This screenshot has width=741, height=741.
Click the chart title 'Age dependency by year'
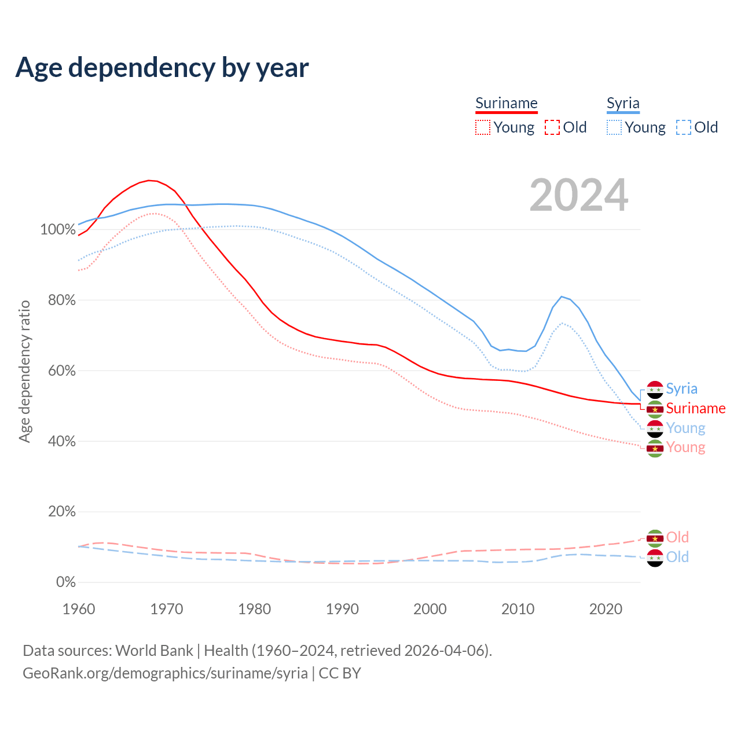tap(162, 68)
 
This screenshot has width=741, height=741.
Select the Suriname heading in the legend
tap(507, 103)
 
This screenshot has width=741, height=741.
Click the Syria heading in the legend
tap(623, 103)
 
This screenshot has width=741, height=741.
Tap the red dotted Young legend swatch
tap(483, 127)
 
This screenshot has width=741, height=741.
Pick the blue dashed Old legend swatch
tap(684, 127)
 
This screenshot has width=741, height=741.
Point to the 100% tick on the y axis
tap(58, 230)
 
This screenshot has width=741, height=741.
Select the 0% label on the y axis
tap(65, 582)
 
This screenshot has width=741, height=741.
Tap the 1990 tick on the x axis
tap(342, 609)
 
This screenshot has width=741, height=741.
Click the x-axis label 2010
tap(518, 609)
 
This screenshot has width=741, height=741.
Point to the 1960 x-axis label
tap(79, 609)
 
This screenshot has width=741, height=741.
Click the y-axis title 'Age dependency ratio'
tap(24, 371)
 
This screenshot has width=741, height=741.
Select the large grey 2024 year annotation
tap(579, 195)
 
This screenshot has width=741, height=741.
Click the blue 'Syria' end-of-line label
tap(681, 388)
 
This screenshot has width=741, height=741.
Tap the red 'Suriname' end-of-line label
tap(695, 408)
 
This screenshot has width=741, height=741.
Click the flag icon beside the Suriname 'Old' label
tap(655, 538)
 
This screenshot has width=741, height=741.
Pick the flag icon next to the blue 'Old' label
tap(655, 558)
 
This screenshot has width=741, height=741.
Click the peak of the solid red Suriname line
tap(149, 181)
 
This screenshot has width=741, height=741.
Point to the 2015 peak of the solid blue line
tap(561, 296)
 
